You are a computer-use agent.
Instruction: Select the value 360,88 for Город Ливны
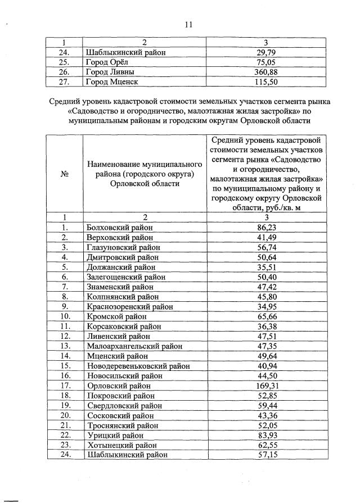268,72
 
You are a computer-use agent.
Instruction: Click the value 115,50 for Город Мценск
268,82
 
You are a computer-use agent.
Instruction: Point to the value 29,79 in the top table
268,53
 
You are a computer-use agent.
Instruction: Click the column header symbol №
65,174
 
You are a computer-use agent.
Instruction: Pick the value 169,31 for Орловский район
268,386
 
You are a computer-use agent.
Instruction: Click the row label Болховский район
119,228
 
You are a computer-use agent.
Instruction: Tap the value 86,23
268,228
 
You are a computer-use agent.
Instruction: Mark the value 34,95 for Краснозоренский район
268,307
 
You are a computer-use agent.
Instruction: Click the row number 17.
65,386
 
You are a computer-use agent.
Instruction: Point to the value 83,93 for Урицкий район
268,435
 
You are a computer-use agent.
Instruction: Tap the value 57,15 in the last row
268,455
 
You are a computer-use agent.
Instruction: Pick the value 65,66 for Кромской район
268,316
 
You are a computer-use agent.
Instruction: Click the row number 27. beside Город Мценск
65,82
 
